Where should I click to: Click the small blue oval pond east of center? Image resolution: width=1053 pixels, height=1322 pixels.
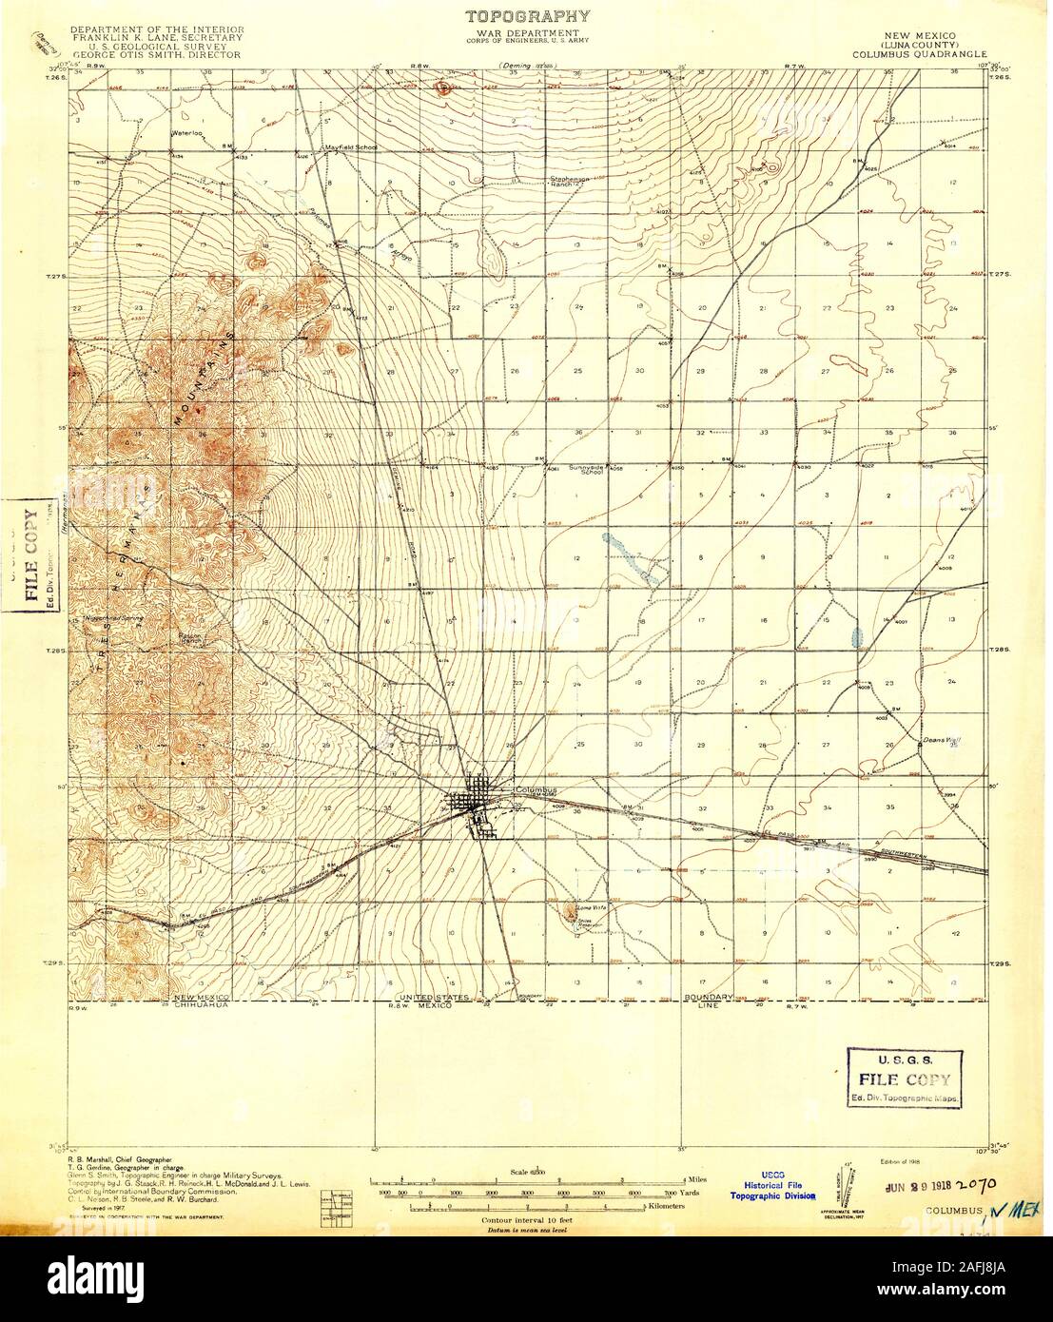tap(859, 635)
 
